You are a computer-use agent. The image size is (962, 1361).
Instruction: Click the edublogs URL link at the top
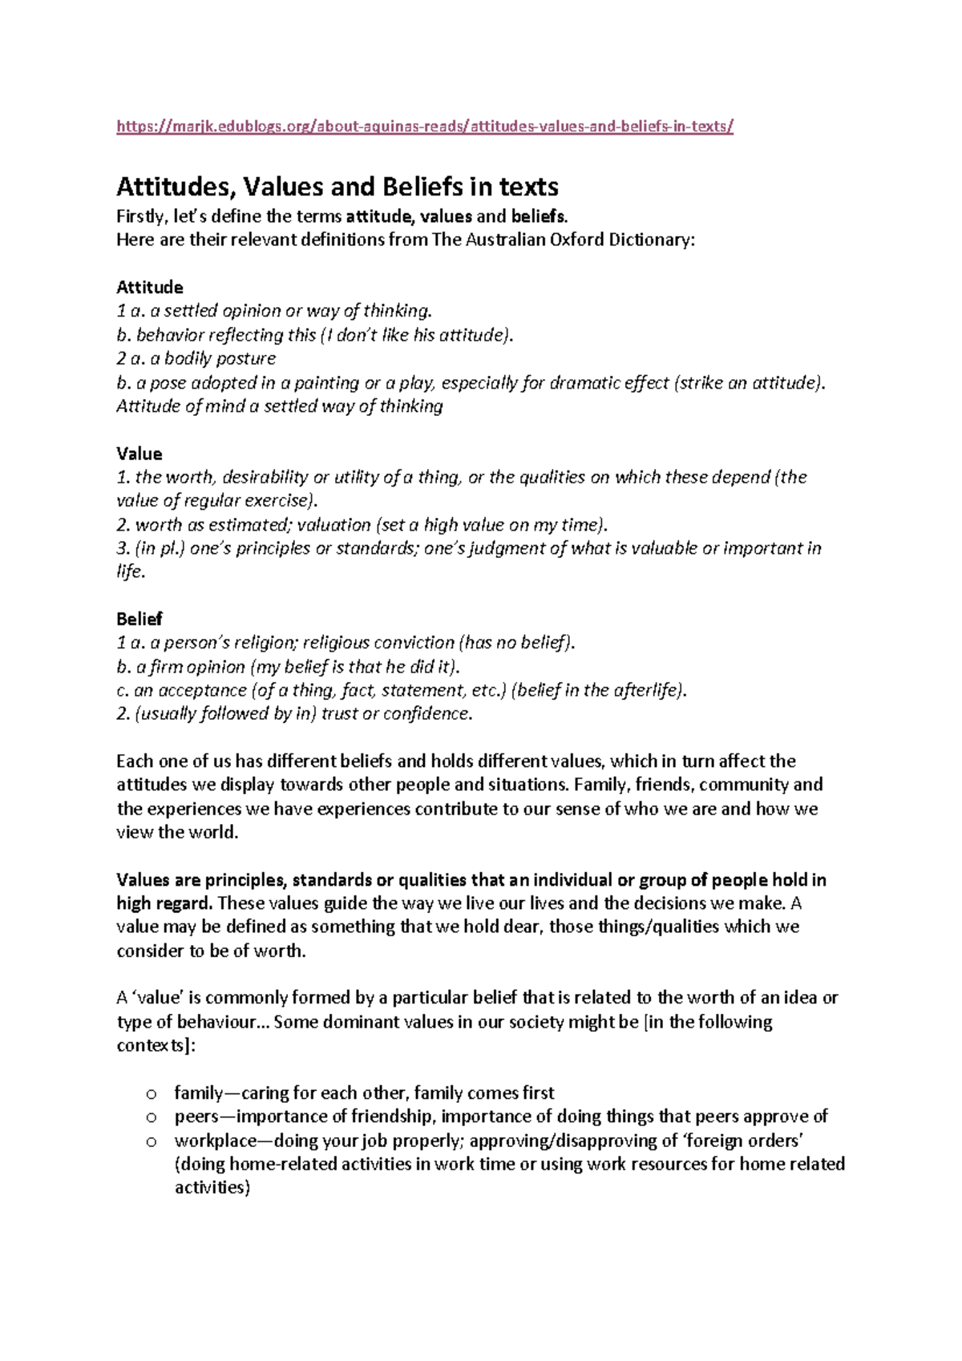click(x=425, y=126)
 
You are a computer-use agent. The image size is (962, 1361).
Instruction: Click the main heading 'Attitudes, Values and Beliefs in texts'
click(x=338, y=188)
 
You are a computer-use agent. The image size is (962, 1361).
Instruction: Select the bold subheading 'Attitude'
click(x=150, y=287)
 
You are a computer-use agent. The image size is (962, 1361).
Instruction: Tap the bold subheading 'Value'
click(x=139, y=454)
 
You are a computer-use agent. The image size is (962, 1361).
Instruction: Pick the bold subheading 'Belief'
click(x=139, y=619)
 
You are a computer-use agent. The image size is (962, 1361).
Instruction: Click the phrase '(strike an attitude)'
click(x=750, y=382)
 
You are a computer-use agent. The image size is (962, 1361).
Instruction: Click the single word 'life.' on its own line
click(x=131, y=572)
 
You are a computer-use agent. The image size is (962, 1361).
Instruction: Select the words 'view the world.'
click(x=177, y=832)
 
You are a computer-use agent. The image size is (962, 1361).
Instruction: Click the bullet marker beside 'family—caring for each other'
click(x=150, y=1094)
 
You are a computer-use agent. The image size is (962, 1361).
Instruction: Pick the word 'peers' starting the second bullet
click(x=195, y=1117)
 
